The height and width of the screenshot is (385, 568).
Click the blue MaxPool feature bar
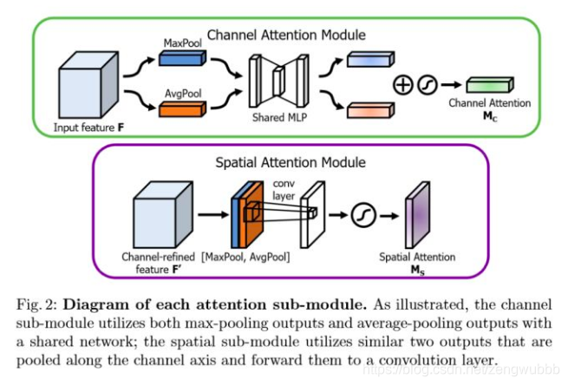click(x=183, y=58)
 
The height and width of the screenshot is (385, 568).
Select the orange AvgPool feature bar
click(x=183, y=109)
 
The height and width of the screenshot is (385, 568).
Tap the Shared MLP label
click(x=279, y=117)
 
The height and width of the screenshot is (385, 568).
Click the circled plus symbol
click(x=403, y=85)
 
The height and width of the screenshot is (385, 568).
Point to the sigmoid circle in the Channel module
click(x=428, y=85)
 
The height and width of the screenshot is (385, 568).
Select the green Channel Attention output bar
click(x=490, y=85)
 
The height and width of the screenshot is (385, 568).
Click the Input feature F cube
click(x=88, y=85)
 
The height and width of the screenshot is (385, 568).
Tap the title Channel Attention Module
click(x=286, y=35)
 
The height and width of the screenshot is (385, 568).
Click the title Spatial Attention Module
click(x=291, y=162)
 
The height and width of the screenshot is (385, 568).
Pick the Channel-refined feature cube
click(x=163, y=215)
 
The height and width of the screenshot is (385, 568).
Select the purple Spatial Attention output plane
click(x=418, y=215)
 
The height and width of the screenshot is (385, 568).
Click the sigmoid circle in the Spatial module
click(x=363, y=215)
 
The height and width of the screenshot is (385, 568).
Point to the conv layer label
click(x=284, y=190)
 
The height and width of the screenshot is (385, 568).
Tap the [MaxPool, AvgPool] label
click(x=245, y=258)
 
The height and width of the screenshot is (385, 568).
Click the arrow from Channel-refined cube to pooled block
click(x=213, y=215)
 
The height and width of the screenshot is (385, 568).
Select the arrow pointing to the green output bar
click(x=452, y=85)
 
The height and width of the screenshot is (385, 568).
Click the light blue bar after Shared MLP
click(x=370, y=59)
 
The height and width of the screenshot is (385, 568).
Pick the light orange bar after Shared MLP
click(x=370, y=110)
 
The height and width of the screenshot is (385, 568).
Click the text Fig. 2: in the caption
click(x=37, y=304)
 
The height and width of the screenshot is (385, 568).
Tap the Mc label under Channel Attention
click(x=490, y=116)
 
